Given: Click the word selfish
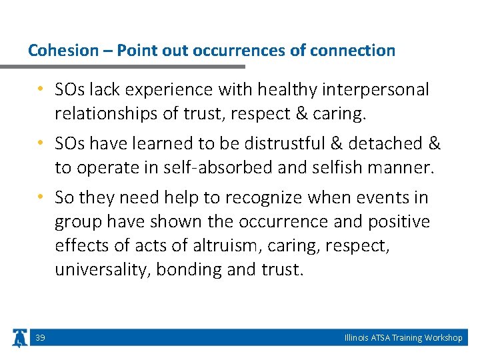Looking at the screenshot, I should pyautogui.click(x=342, y=167).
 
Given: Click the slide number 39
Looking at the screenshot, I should pyautogui.click(x=40, y=338).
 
